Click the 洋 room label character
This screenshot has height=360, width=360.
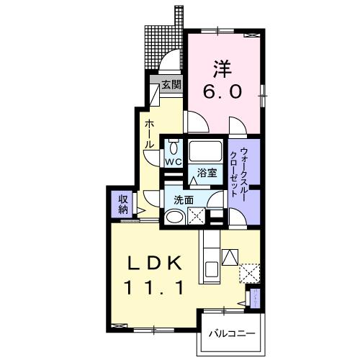point(222,70)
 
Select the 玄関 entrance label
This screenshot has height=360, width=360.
point(171,85)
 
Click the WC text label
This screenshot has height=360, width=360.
point(174,163)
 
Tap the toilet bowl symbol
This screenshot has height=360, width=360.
point(174,148)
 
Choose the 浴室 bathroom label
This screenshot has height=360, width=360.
point(207,173)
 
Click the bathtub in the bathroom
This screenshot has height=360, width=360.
point(206,153)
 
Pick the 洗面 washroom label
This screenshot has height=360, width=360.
point(183,200)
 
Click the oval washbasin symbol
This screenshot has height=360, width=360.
point(174,217)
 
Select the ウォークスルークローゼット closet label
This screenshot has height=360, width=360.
point(240,172)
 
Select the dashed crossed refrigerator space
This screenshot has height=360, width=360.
point(250,272)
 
